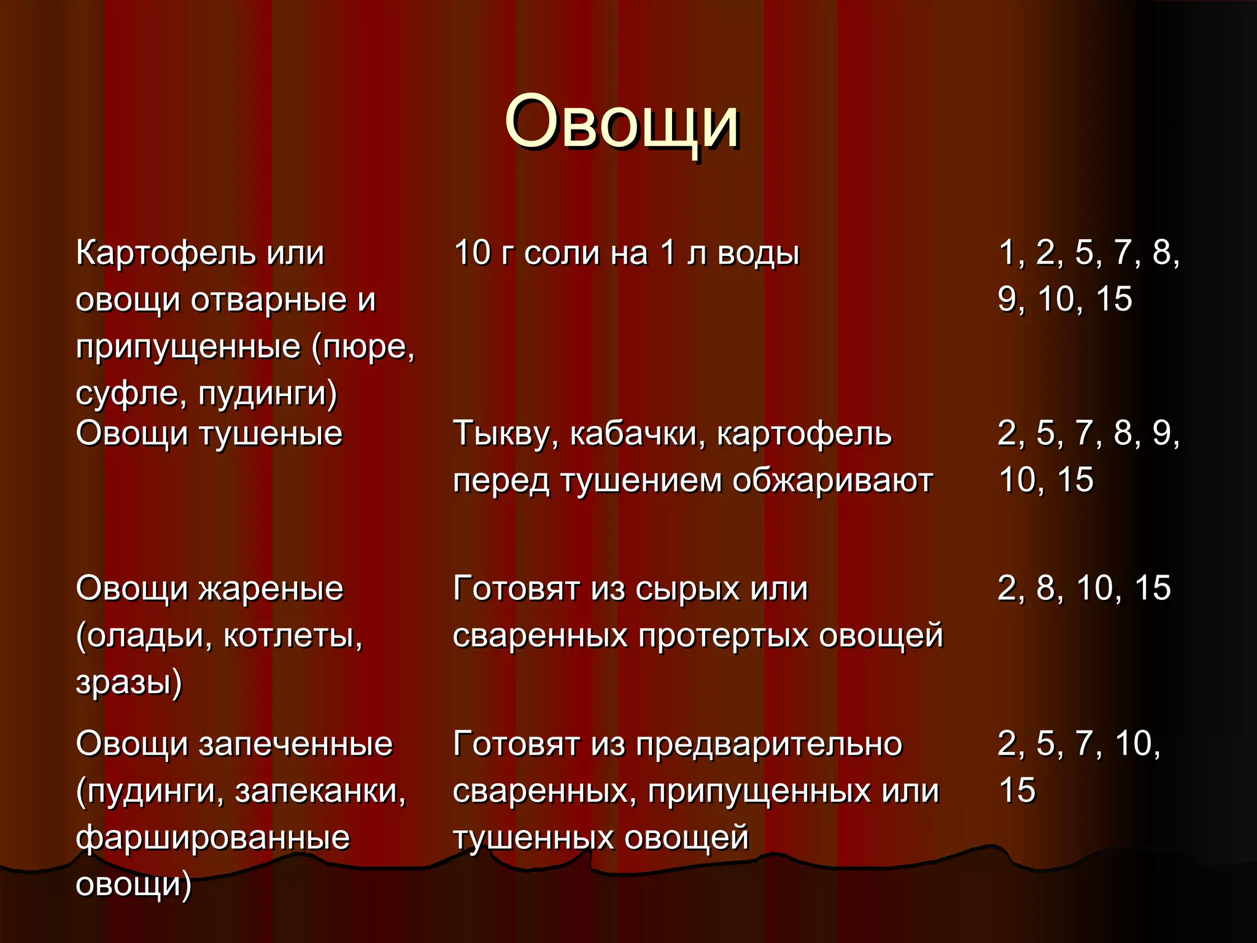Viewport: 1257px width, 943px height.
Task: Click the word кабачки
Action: [x=638, y=433]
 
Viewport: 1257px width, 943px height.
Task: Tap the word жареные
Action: [x=271, y=588]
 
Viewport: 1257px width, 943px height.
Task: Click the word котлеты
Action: [x=293, y=635]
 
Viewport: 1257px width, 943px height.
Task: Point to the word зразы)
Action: [x=129, y=682]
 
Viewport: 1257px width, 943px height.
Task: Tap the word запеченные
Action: [x=295, y=743]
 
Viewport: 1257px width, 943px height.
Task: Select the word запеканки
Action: [x=320, y=791]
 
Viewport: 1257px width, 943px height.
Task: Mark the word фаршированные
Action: [x=212, y=837]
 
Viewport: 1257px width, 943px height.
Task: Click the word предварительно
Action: [x=768, y=743]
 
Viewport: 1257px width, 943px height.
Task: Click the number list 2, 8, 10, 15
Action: [x=1084, y=588]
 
